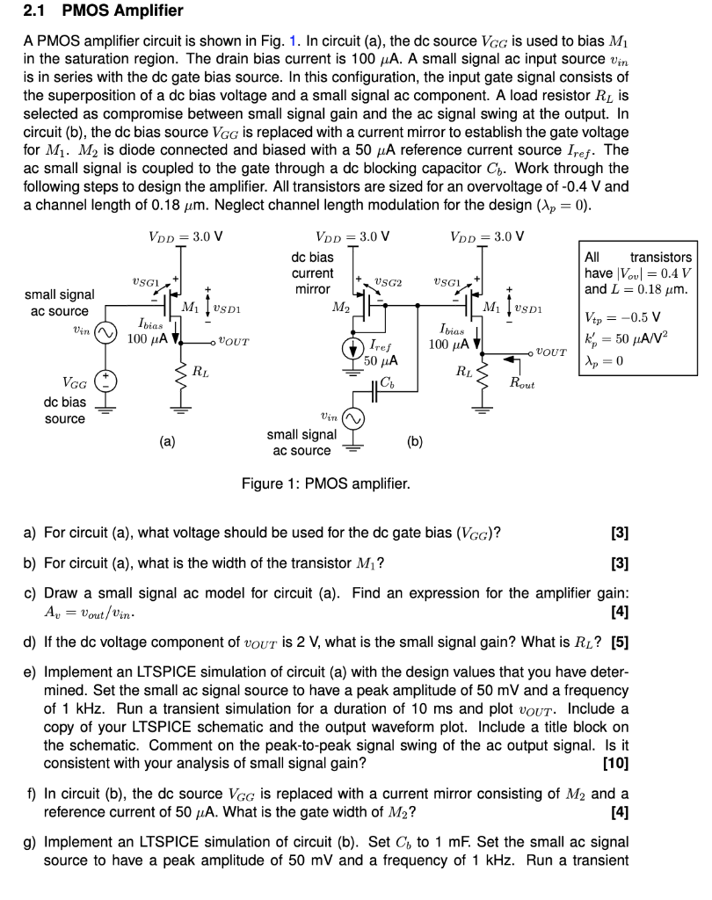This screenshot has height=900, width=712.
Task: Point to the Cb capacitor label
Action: pyautogui.click(x=388, y=381)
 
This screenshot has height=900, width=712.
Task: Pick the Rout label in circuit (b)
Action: pyautogui.click(x=522, y=384)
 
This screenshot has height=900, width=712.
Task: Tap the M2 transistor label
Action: pyautogui.click(x=339, y=307)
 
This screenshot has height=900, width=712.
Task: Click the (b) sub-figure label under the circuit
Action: pyautogui.click(x=416, y=442)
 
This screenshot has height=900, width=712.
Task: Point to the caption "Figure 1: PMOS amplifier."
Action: pyautogui.click(x=325, y=483)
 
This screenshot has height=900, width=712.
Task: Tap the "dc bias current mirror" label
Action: pyautogui.click(x=312, y=273)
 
